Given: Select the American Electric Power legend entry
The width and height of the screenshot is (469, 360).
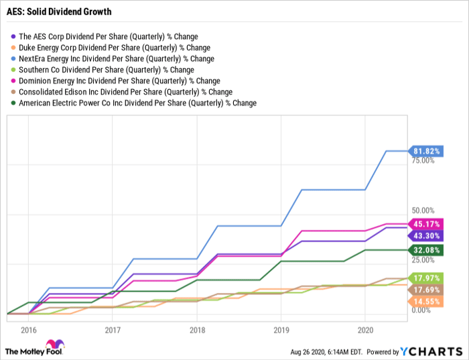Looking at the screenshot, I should (138, 103).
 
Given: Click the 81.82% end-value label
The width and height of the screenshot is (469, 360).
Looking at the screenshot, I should (426, 151).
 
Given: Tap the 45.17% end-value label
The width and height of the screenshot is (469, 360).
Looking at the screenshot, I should (426, 224).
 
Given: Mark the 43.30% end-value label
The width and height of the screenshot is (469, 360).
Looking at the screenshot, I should (426, 236).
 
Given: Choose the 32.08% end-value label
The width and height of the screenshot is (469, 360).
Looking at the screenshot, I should (426, 250).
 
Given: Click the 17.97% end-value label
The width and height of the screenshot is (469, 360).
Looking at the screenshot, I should (426, 278).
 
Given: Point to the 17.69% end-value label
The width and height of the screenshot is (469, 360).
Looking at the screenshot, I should (426, 290).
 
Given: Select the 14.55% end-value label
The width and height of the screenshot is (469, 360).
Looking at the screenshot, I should (426, 302).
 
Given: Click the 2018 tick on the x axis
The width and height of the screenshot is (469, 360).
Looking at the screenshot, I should (196, 330).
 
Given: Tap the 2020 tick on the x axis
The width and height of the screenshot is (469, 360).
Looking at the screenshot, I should (365, 330).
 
